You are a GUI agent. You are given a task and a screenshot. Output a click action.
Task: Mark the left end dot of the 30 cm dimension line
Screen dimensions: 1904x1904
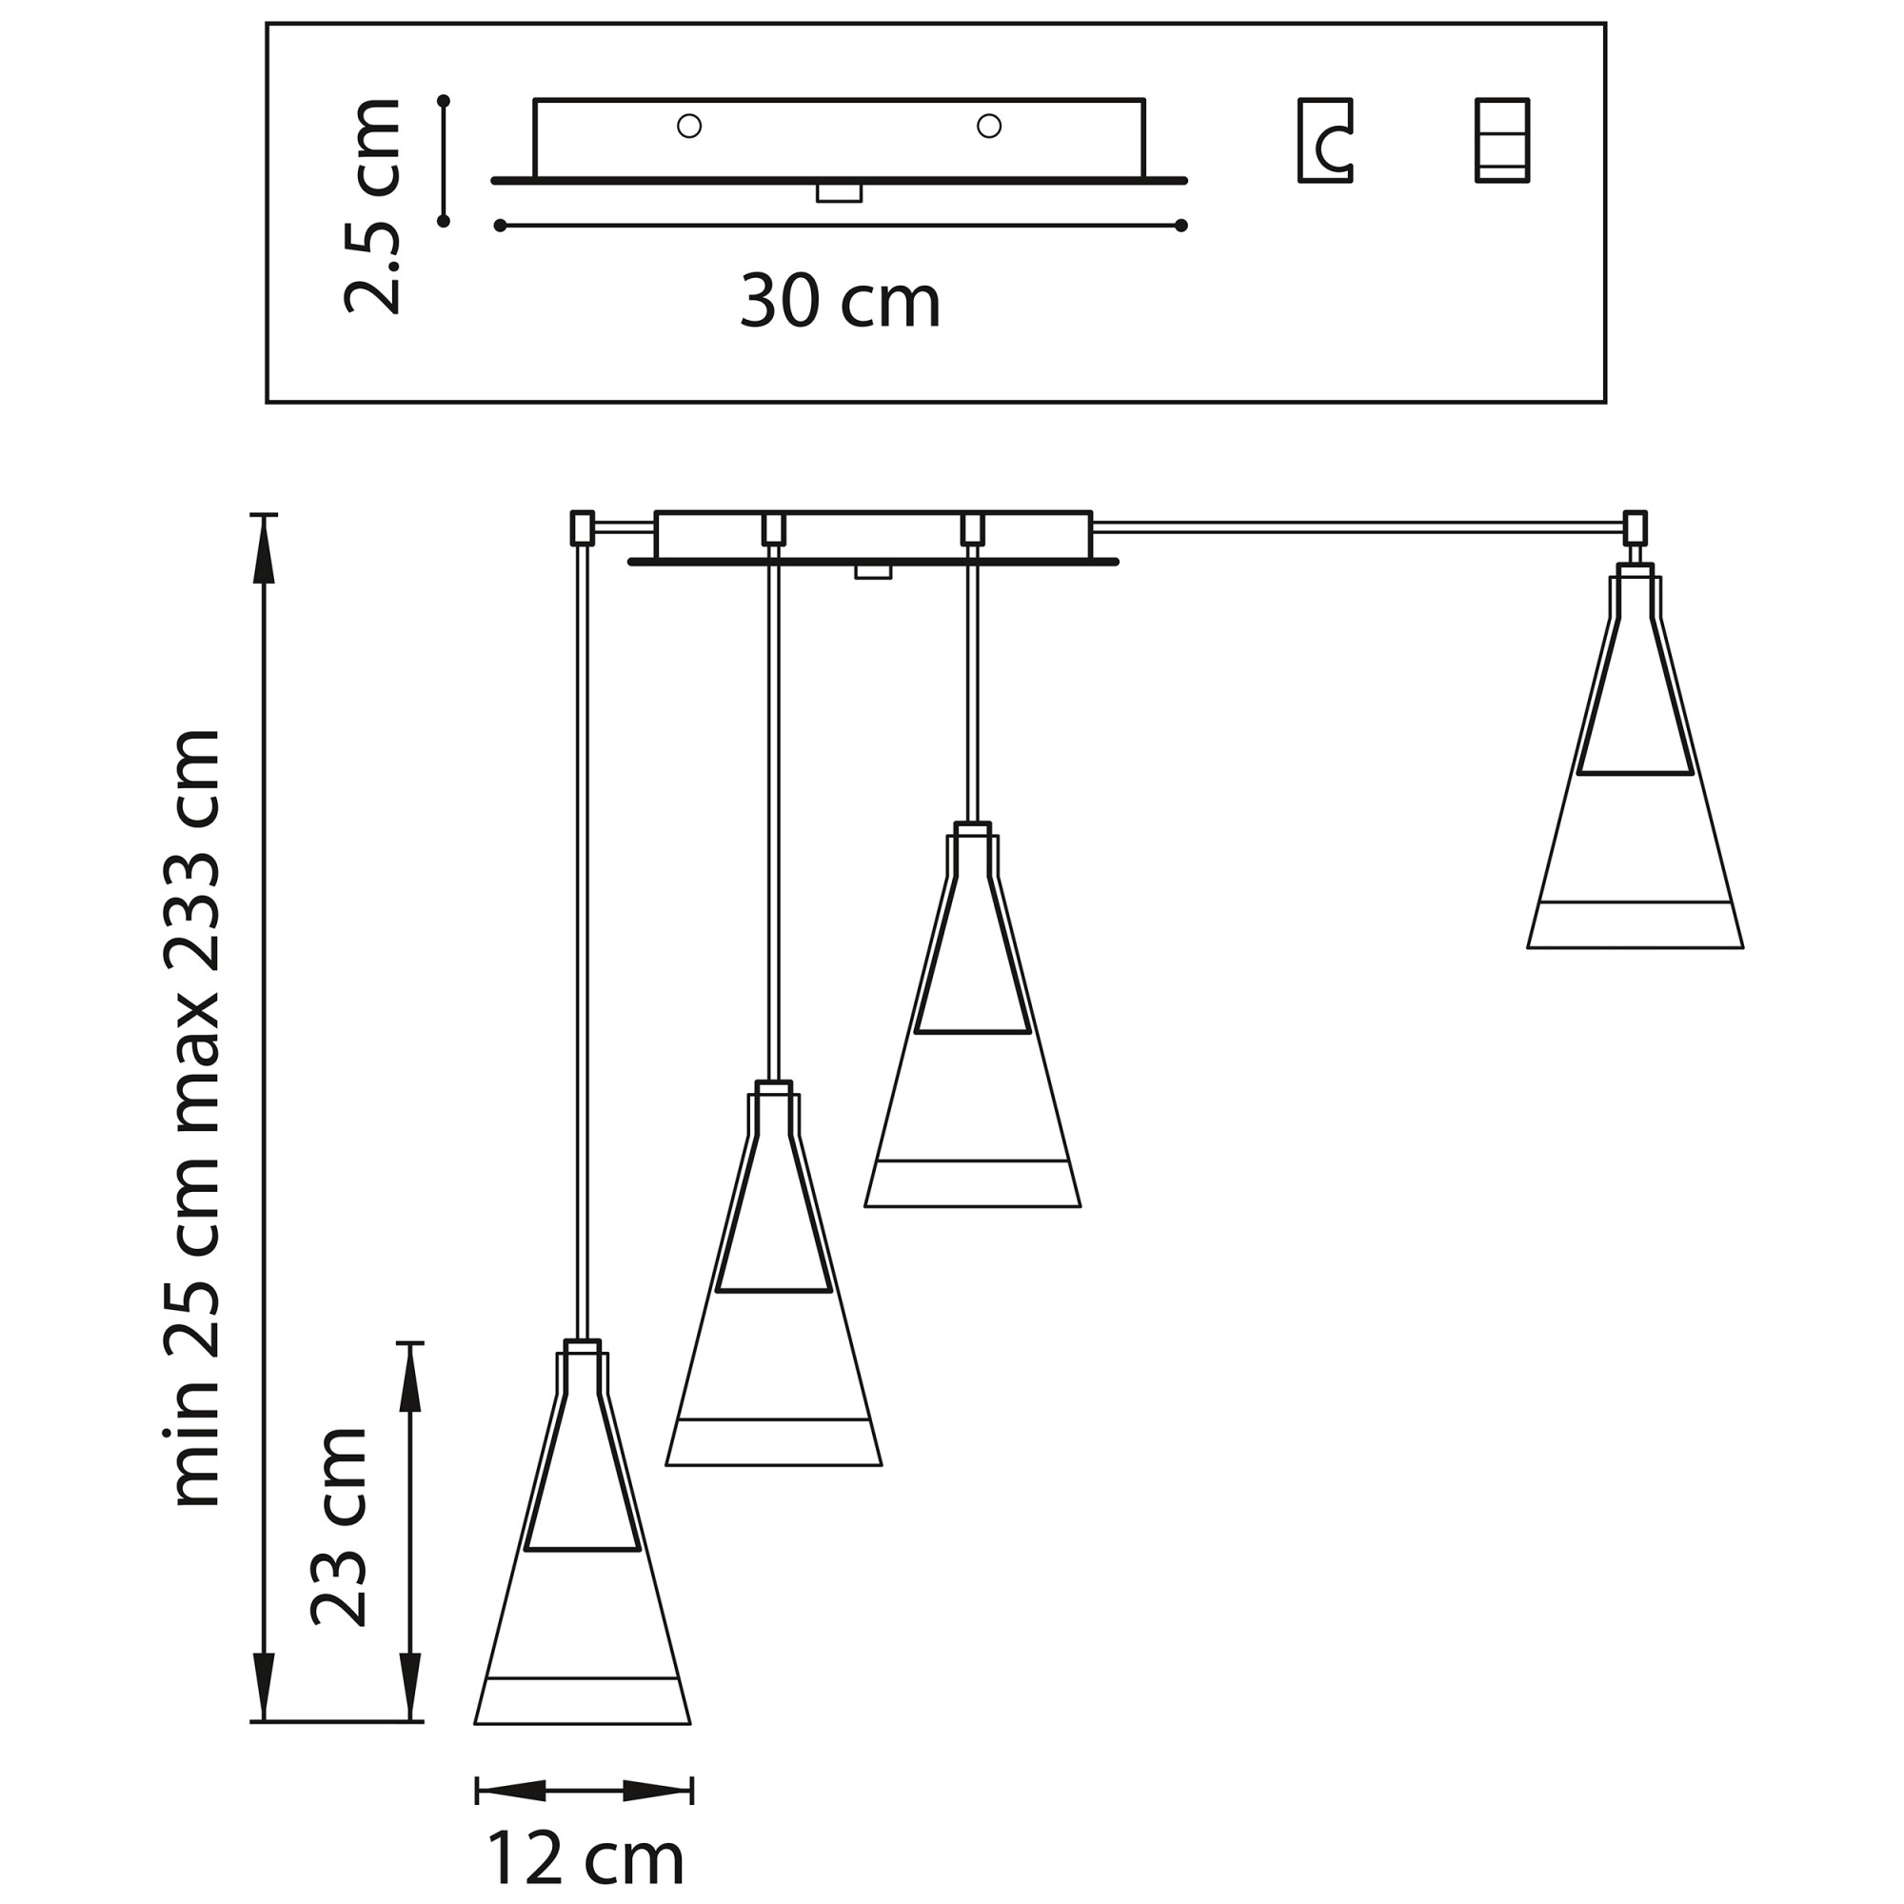(500, 226)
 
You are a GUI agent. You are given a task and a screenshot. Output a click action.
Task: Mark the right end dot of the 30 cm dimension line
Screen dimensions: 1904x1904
(1181, 226)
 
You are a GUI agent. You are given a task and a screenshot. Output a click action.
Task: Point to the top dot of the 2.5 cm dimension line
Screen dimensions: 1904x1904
(444, 102)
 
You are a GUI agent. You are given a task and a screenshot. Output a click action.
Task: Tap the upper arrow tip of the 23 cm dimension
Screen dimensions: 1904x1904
(410, 1343)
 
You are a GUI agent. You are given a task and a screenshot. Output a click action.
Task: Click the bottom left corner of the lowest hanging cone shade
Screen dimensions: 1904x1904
(475, 1724)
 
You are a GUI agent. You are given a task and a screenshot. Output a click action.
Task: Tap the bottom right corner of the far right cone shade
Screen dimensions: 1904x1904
(1743, 948)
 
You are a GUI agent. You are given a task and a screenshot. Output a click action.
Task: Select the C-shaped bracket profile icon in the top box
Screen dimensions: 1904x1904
(1325, 140)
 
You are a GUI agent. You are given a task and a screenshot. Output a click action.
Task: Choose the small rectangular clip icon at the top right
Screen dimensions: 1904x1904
(1502, 140)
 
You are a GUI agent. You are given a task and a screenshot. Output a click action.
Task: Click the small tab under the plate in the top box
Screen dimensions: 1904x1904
(840, 193)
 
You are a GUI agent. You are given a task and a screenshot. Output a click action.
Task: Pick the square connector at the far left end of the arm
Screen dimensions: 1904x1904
(583, 527)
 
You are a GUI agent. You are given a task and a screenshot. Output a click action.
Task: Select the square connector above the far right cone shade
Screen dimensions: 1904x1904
(1635, 527)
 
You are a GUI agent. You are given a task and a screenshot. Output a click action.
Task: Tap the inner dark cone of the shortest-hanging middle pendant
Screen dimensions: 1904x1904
(973, 965)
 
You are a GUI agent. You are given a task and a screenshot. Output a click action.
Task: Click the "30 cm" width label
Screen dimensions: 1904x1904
(841, 301)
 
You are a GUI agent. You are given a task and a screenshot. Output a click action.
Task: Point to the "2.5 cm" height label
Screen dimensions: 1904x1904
(372, 206)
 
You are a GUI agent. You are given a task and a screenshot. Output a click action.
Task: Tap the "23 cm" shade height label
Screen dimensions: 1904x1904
(338, 1540)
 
